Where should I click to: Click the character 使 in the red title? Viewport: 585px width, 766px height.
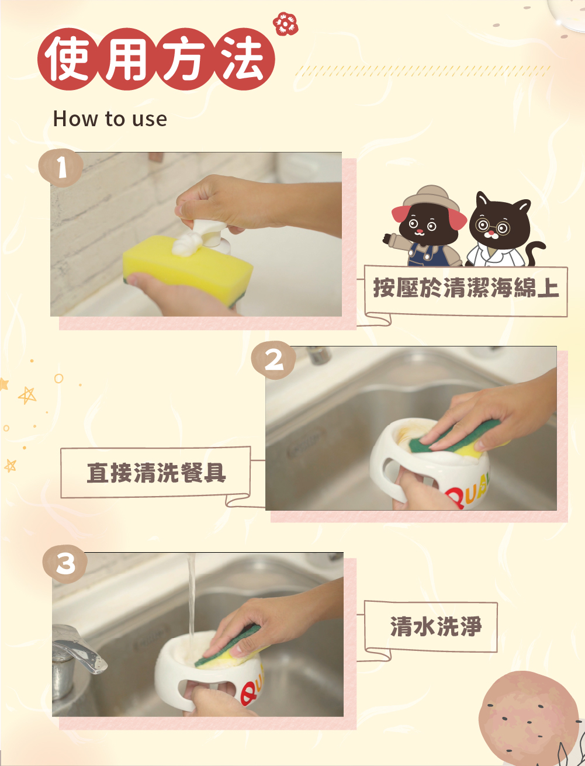tap(67, 58)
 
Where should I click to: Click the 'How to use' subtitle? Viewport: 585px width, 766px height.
tap(110, 119)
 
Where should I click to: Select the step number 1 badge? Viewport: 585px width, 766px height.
tap(61, 168)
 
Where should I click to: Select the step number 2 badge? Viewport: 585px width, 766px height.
tap(274, 361)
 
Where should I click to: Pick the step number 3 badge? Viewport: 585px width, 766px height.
tap(65, 564)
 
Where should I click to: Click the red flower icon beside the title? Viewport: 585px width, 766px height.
tap(286, 24)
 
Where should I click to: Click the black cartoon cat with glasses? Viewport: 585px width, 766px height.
tap(503, 230)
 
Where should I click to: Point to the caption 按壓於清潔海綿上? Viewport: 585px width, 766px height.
tap(466, 288)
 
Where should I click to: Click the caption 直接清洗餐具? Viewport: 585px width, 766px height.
tap(157, 473)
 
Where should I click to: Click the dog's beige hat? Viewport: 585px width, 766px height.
tap(431, 197)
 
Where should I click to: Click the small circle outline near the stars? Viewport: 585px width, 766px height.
tap(58, 378)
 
